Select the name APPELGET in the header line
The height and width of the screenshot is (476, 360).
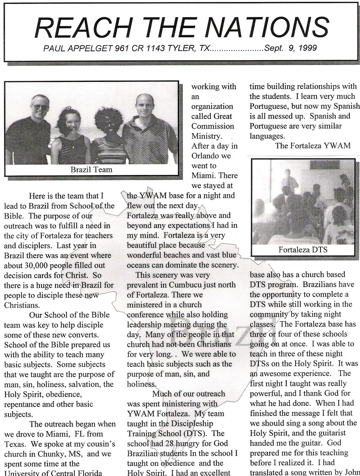[x=91, y=48]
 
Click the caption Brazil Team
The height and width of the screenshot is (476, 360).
[x=91, y=170]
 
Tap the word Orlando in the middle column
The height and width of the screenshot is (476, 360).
[x=205, y=156]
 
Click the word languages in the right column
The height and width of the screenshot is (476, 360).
[x=266, y=136]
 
